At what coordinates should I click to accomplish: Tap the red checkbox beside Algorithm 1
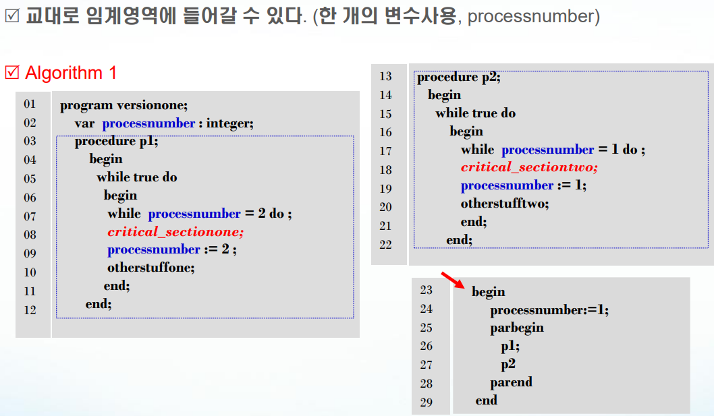(x=12, y=72)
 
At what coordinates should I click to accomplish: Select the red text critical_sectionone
(x=175, y=232)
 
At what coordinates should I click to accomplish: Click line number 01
(x=30, y=104)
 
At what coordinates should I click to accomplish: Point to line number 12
(x=30, y=310)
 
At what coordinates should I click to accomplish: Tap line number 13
(x=385, y=76)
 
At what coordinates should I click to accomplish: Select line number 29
(x=426, y=403)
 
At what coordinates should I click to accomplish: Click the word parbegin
(x=517, y=328)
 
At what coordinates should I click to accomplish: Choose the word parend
(x=512, y=382)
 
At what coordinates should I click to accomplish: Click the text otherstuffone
(x=150, y=268)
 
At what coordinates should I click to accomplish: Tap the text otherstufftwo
(x=505, y=203)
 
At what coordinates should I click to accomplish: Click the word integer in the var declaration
(x=228, y=123)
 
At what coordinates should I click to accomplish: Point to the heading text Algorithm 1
(x=71, y=73)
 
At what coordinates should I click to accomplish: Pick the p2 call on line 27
(x=508, y=364)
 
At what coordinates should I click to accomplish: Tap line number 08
(x=30, y=235)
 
